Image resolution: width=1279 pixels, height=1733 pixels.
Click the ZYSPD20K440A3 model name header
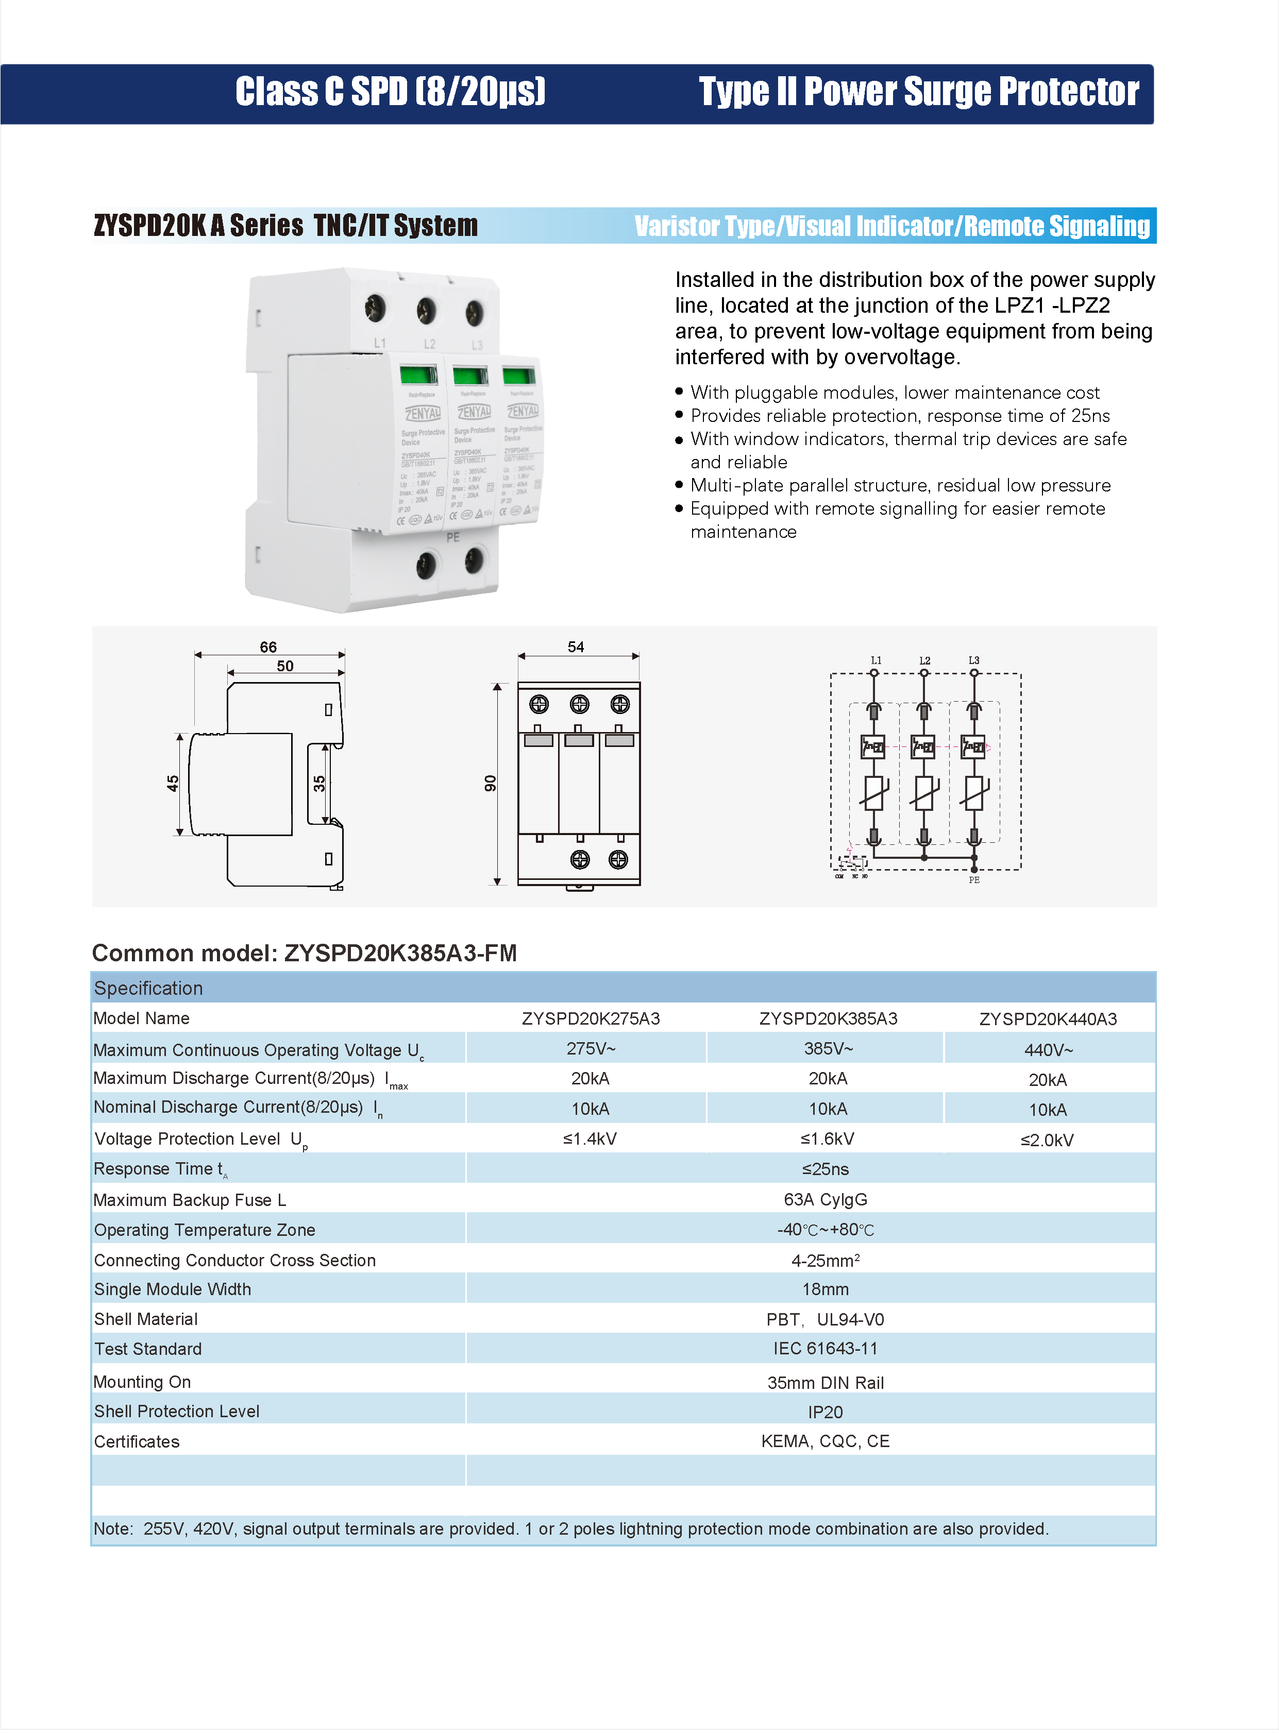point(1048,1018)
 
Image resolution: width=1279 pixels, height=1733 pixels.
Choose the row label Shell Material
point(145,1319)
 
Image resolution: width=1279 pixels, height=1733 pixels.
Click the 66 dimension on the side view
point(268,647)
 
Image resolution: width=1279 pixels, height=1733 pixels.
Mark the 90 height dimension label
point(490,783)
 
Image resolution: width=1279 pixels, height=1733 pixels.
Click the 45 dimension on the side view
point(173,783)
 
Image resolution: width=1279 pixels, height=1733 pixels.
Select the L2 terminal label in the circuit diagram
point(924,660)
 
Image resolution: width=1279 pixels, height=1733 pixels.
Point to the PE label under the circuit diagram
point(974,880)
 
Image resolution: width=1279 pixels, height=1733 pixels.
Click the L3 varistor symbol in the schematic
point(974,793)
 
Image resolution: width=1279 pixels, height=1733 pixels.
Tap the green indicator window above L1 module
point(418,376)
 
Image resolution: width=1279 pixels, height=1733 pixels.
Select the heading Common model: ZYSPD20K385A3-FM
point(304,953)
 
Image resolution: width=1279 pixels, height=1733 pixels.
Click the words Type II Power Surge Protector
point(918,92)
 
